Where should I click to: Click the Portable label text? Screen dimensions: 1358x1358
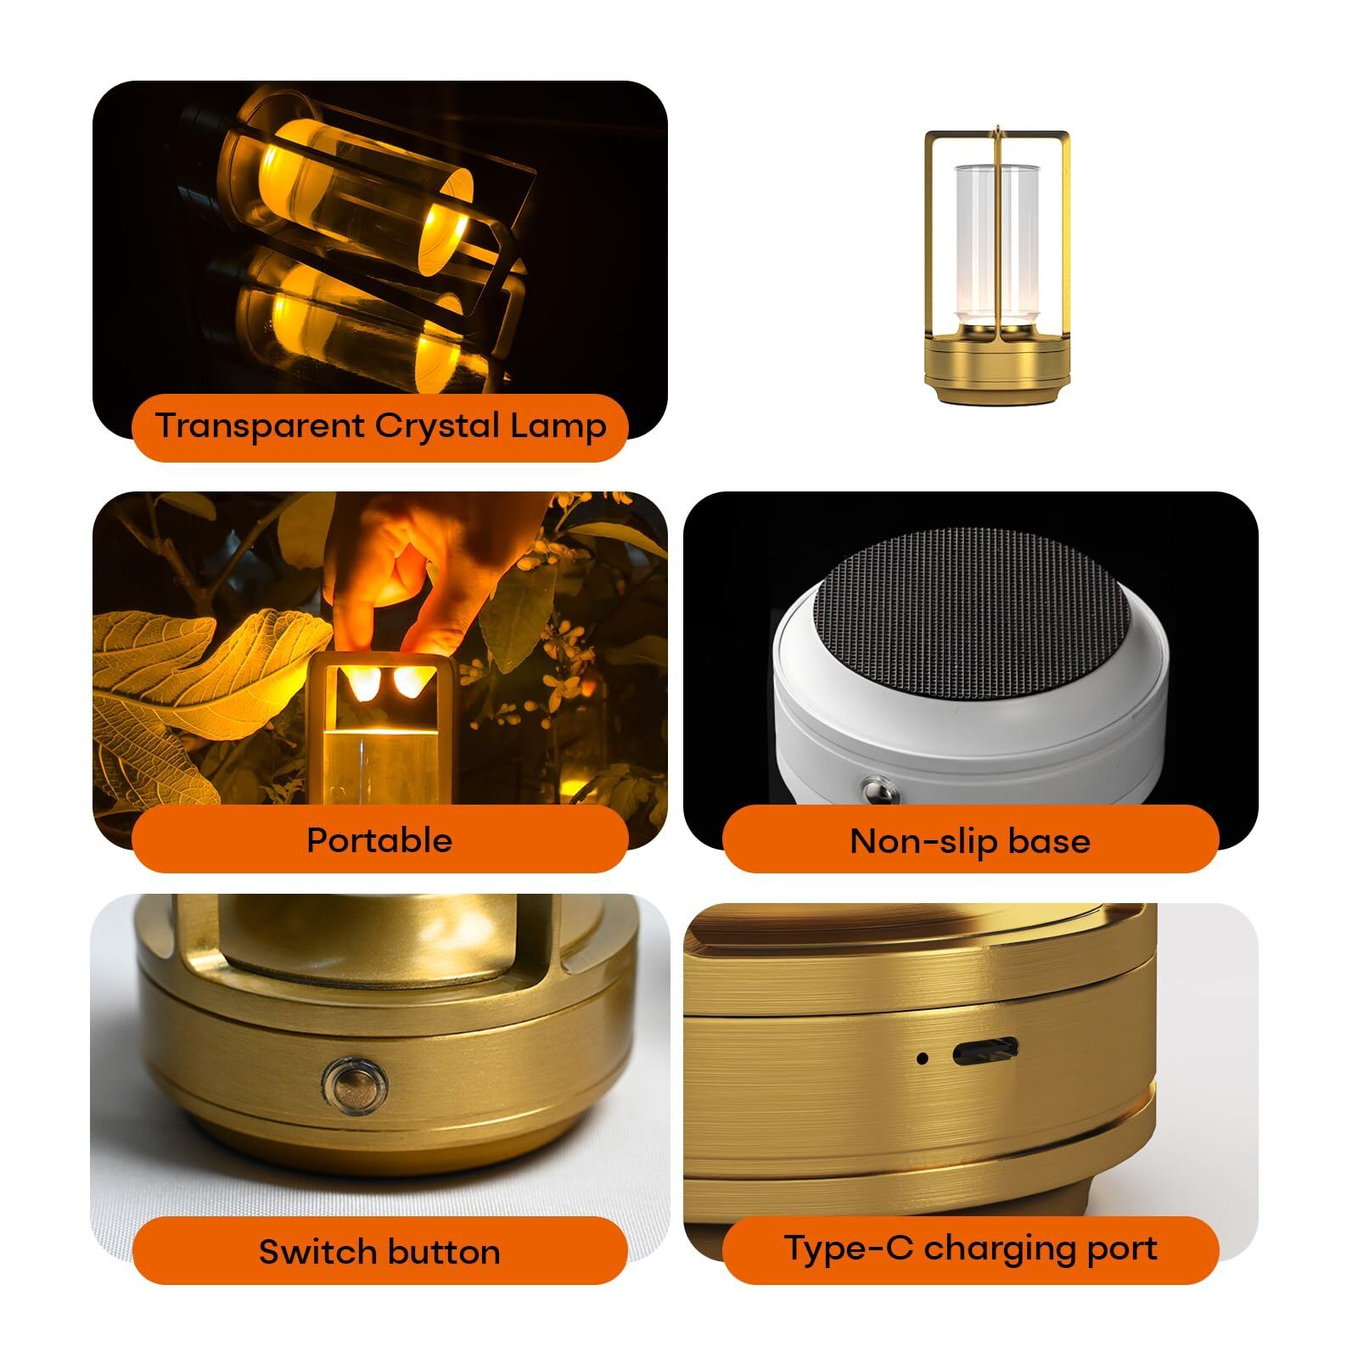click(379, 840)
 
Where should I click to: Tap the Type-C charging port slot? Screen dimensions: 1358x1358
click(985, 1053)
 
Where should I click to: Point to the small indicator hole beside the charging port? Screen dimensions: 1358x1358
click(923, 1058)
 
